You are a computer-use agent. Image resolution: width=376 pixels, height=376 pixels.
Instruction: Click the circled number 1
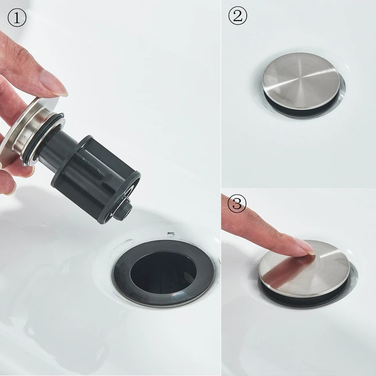pos(17,18)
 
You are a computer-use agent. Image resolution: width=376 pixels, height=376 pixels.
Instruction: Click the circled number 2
pos(238,16)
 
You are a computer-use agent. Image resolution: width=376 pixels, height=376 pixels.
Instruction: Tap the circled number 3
pos(237,204)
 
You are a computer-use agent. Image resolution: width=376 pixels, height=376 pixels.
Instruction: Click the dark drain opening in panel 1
pos(163,272)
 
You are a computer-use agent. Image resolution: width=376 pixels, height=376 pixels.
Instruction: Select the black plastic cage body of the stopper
pos(96,180)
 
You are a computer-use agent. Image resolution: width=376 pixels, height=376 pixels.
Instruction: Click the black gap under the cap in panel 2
pos(300,105)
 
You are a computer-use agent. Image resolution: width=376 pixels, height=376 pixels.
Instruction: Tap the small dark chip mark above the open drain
pos(171,234)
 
